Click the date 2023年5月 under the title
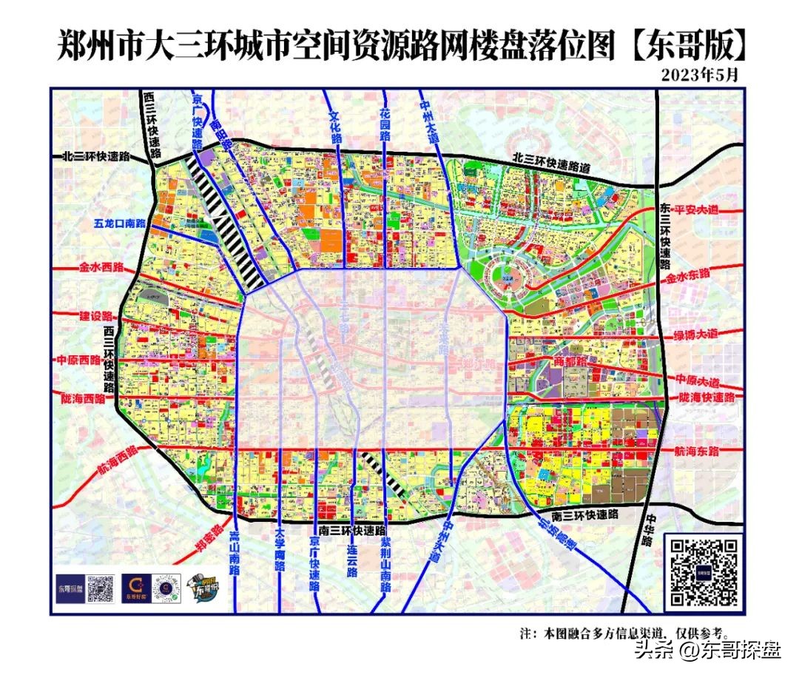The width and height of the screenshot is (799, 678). click(x=699, y=74)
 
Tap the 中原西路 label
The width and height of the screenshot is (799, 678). click(x=78, y=360)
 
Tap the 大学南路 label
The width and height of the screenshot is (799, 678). click(x=279, y=552)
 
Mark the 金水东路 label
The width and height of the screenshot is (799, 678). click(x=687, y=275)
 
